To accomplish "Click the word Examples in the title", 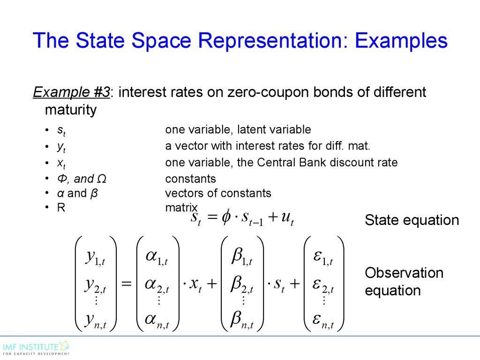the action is (401, 40).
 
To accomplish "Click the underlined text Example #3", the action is (71, 92).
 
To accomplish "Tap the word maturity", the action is (71, 110).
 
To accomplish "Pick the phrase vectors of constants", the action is (218, 193).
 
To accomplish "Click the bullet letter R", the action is (61, 208).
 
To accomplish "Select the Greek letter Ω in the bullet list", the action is (101, 179).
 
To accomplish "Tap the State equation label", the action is (412, 220).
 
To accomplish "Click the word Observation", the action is (404, 273).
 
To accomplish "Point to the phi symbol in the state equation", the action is (226, 217).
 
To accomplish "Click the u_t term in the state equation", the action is (287, 218).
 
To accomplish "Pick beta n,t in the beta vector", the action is (242, 320).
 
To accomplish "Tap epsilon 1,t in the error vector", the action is (323, 257).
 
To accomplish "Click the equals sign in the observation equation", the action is (127, 284).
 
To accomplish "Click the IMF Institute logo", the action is (36, 348).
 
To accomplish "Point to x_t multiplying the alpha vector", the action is (195, 285).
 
